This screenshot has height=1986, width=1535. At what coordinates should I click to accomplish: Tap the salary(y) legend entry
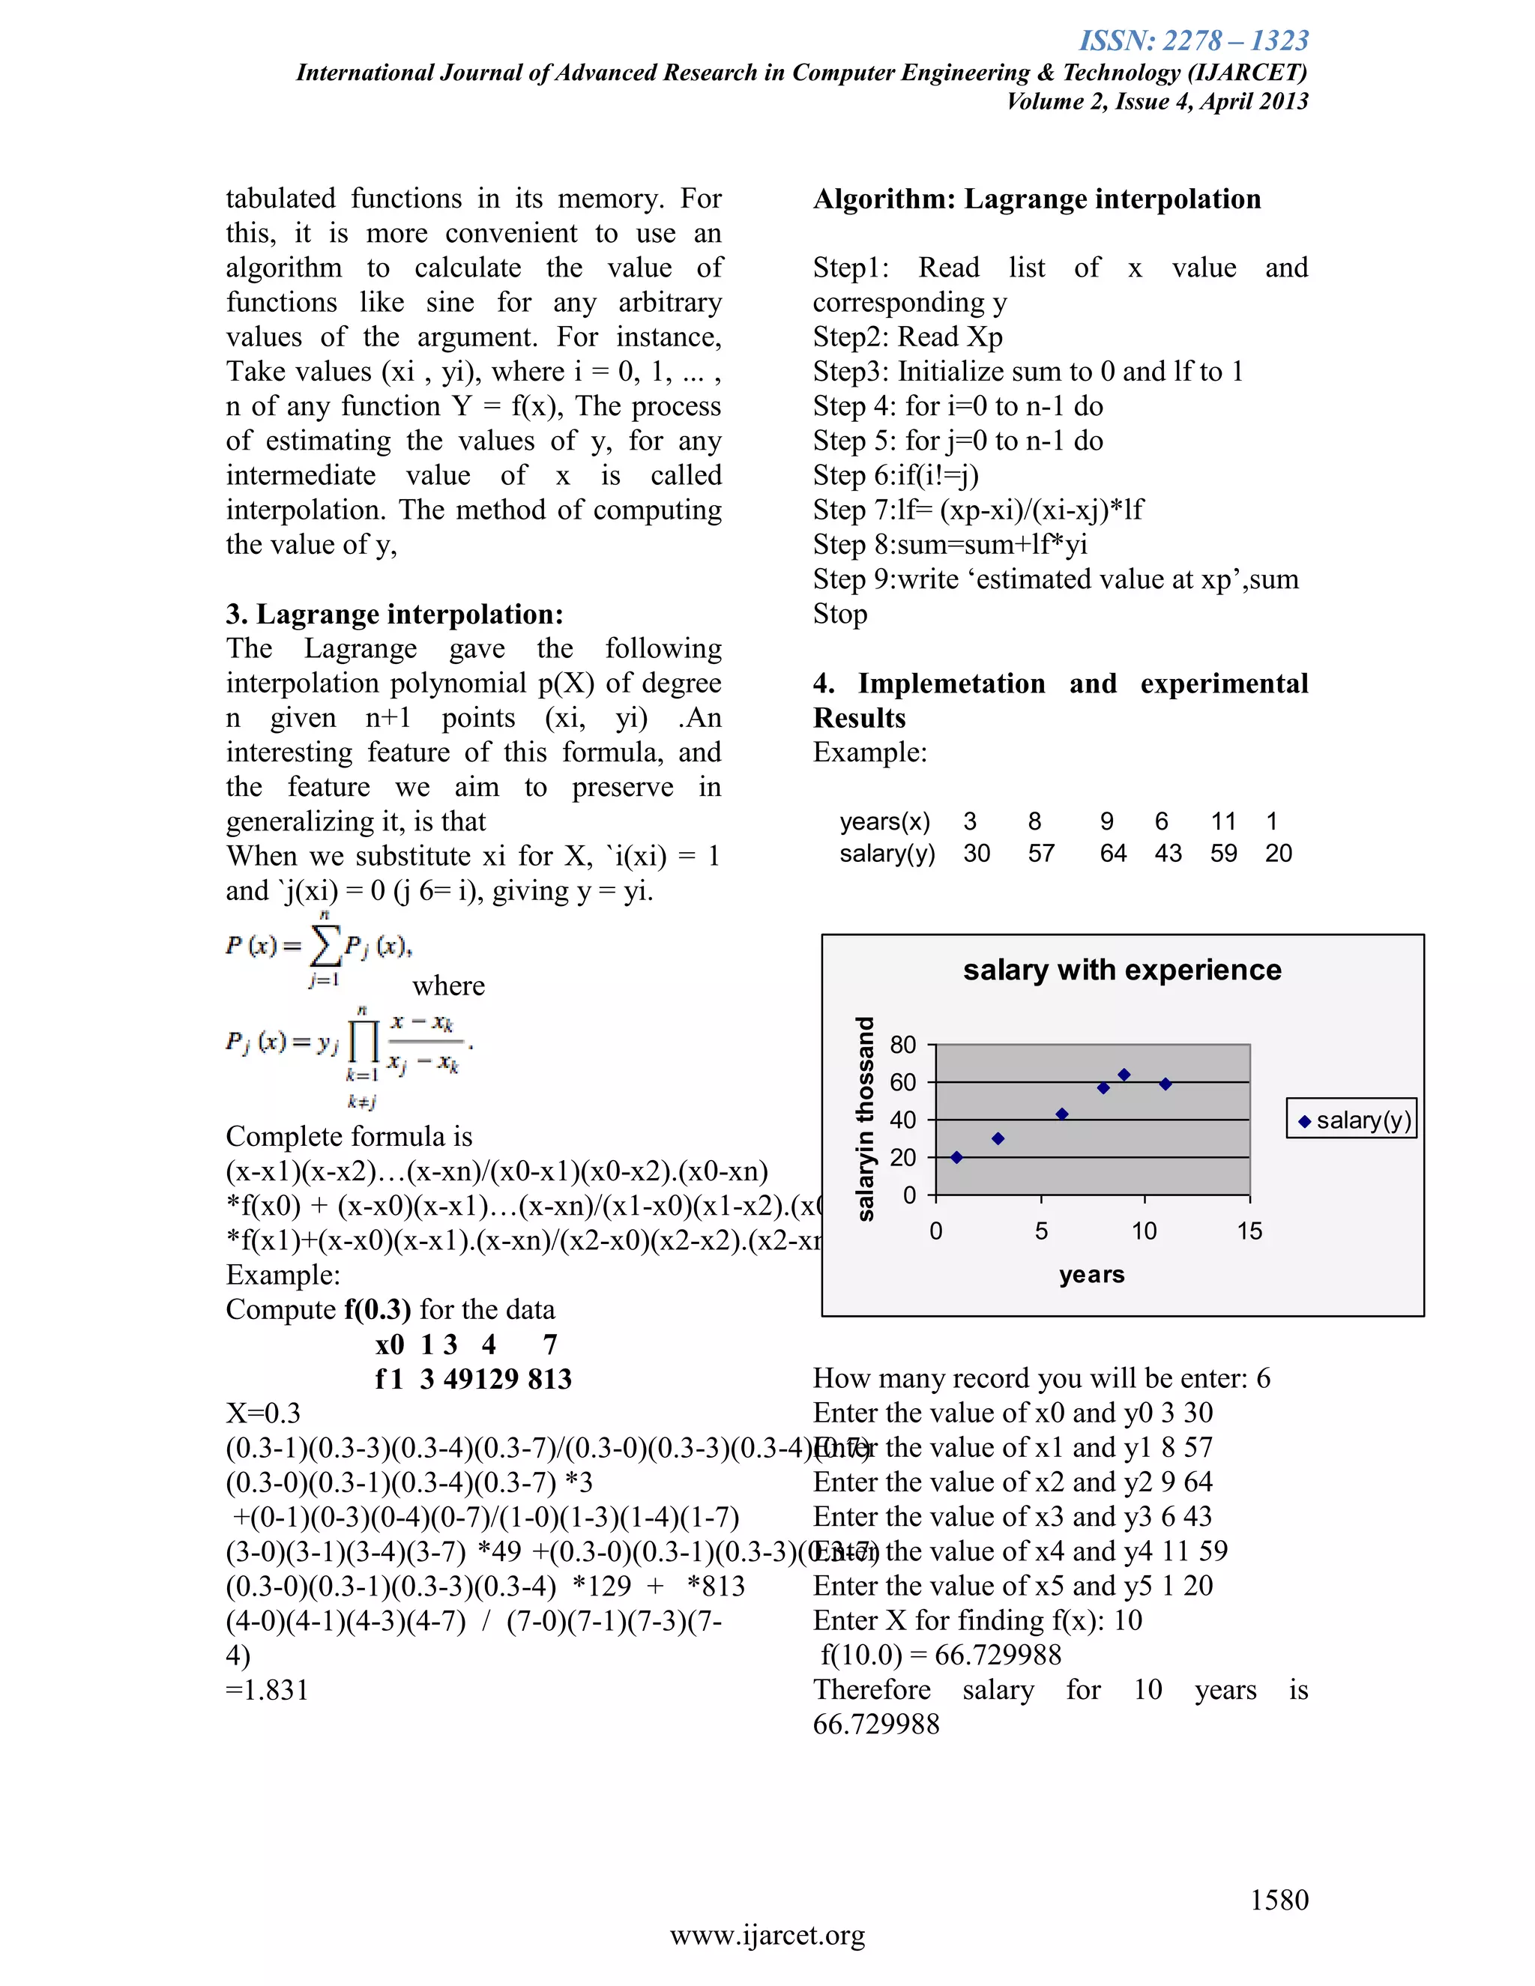coord(1351,1120)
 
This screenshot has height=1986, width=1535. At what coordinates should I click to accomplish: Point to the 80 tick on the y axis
coord(903,1045)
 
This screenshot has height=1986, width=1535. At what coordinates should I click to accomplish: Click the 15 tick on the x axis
coord(1249,1231)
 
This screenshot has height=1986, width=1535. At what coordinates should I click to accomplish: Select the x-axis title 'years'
coord(1091,1275)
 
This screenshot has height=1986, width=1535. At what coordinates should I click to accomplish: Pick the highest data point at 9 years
coord(1124,1075)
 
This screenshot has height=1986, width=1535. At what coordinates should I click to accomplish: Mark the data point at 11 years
coord(1165,1084)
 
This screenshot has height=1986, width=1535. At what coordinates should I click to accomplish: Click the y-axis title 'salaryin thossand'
coord(865,1117)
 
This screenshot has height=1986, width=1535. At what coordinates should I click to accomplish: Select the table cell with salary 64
coord(1113,853)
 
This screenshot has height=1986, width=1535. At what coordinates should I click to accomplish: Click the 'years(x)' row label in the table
coord(885,821)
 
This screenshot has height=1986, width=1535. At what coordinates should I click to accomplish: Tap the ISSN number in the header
coord(1193,41)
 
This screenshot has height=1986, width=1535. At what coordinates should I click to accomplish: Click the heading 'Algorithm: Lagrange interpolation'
coord(1037,199)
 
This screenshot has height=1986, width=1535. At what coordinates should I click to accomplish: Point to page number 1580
coord(1279,1900)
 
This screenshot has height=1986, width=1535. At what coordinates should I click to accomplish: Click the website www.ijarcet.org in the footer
coord(767,1936)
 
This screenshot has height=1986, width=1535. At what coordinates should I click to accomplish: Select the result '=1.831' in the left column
coord(268,1691)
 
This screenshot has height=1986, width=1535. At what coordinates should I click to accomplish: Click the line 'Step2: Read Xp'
coord(908,337)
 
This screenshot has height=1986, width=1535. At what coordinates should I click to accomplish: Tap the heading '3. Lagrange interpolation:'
coord(395,615)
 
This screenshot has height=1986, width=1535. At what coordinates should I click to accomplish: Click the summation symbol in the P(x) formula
coord(325,947)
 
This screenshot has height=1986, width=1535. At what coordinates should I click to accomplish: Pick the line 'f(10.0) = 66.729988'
coord(941,1655)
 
